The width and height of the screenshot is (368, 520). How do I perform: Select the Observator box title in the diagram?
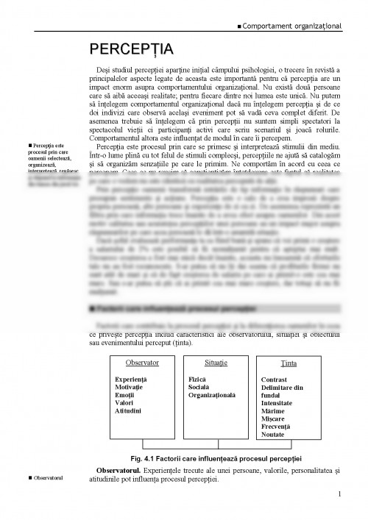(142, 363)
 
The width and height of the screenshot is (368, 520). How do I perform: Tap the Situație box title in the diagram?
(213, 363)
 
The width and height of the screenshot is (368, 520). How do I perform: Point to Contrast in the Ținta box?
(275, 380)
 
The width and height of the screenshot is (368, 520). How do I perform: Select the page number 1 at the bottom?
(339, 494)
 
